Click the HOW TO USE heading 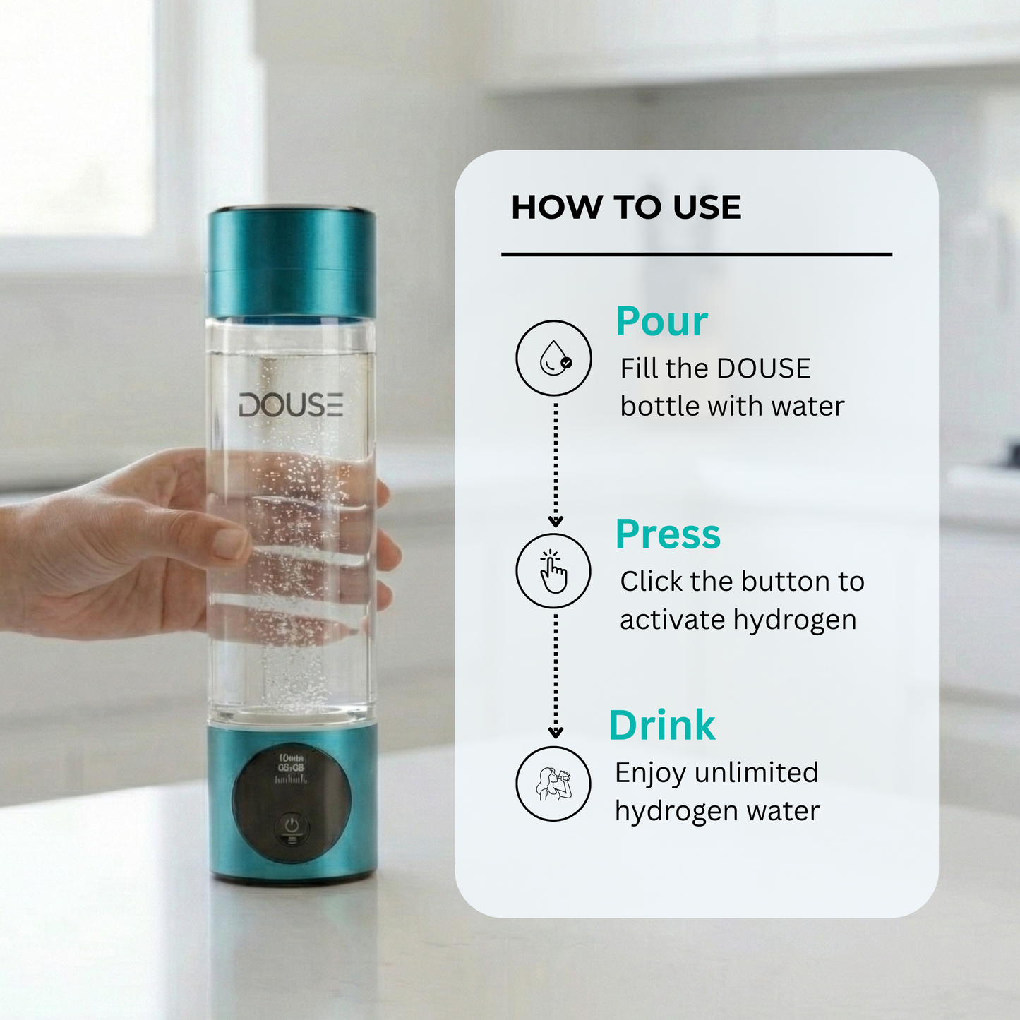click(x=626, y=208)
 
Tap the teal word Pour click(x=661, y=322)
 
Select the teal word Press click(x=668, y=534)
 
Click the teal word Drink click(x=661, y=726)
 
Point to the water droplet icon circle click(x=554, y=358)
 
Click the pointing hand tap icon click(x=554, y=571)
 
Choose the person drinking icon click(x=554, y=784)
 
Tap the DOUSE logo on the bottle click(x=290, y=406)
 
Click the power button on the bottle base click(x=292, y=826)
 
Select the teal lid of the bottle click(x=291, y=263)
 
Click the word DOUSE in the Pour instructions click(x=764, y=368)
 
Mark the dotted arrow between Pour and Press click(x=556, y=462)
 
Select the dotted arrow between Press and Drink click(x=556, y=674)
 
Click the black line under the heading click(x=696, y=254)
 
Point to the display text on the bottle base click(x=291, y=768)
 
